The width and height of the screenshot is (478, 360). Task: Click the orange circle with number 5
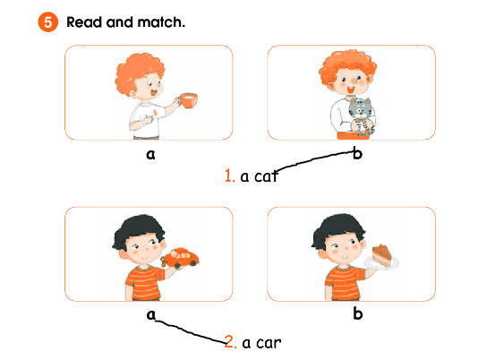[47, 22]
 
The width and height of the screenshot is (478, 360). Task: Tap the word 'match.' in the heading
[161, 22]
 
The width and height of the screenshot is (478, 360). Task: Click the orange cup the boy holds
[188, 100]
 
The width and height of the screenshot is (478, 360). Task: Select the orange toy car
[180, 258]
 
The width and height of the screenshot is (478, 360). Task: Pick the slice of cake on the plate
[381, 255]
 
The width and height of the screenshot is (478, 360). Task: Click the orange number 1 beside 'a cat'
[229, 176]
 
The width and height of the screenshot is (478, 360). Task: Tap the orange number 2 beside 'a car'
[230, 342]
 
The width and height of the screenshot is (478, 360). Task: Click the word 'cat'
[266, 176]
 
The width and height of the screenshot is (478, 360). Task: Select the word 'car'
[269, 343]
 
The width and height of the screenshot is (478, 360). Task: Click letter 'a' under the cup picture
[150, 154]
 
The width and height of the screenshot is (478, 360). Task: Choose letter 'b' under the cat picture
[357, 153]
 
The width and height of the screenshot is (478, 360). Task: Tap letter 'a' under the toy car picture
[151, 314]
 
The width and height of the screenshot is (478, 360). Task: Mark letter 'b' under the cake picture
[357, 313]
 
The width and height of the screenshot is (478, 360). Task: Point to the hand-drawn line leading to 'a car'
[191, 332]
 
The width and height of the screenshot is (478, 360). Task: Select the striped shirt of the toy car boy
[144, 283]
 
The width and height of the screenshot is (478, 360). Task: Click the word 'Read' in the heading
[84, 22]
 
